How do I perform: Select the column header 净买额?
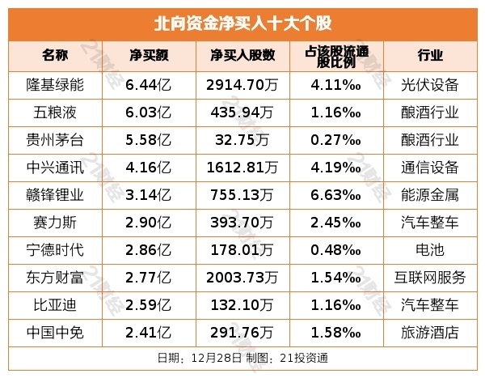(x=149, y=56)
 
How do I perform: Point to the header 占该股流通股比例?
(x=335, y=56)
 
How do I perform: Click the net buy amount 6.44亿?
(x=149, y=84)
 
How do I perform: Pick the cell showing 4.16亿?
(x=149, y=168)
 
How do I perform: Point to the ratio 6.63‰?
(x=335, y=194)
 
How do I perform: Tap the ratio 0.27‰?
(x=335, y=139)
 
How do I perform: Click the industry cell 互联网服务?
(x=433, y=277)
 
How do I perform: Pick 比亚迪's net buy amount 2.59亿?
(x=149, y=304)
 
